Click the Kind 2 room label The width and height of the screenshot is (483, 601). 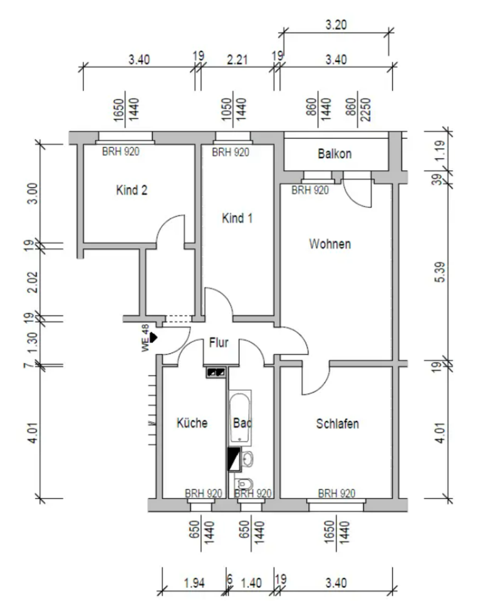132,190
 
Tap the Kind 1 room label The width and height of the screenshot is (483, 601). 237,218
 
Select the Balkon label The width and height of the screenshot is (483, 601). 335,154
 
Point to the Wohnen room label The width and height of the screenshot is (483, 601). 330,244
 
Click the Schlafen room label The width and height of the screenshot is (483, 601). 337,424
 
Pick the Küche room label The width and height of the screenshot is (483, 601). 192,423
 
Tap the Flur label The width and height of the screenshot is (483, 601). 218,343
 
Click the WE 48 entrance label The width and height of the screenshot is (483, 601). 145,339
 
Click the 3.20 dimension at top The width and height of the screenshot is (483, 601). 336,26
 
